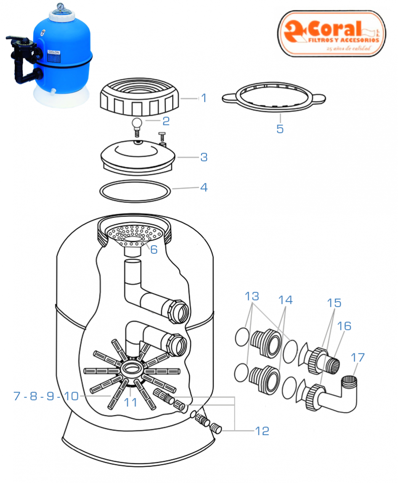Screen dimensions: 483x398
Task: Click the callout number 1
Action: tap(204, 98)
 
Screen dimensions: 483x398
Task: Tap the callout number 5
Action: tap(280, 129)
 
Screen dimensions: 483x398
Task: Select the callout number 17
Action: tap(358, 358)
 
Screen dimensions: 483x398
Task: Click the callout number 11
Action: tap(130, 402)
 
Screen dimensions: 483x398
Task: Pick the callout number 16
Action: tap(344, 326)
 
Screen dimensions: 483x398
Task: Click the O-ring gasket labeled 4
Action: tap(135, 190)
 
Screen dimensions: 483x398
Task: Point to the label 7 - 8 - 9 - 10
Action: tap(46, 396)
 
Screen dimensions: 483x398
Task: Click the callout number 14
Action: tap(285, 300)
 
